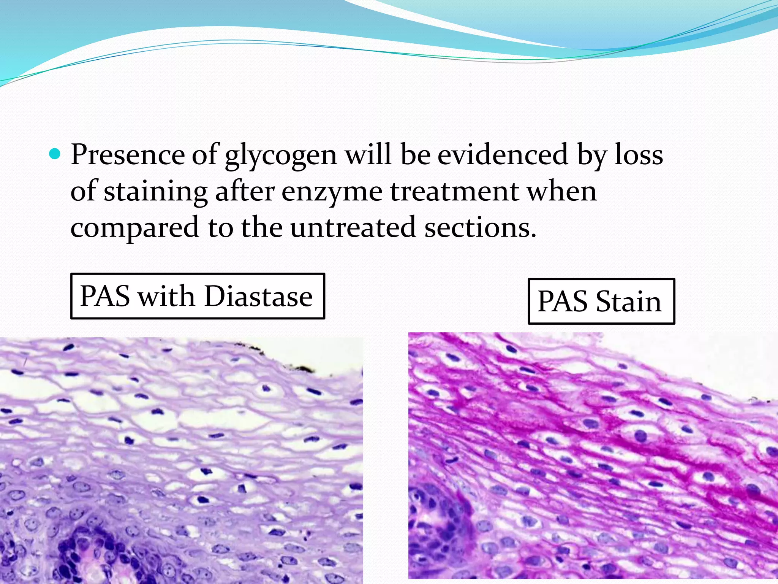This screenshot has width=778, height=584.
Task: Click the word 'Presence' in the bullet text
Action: pyautogui.click(x=128, y=155)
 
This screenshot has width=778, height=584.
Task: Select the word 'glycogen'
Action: pyautogui.click(x=281, y=156)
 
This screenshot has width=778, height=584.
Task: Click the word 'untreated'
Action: pyautogui.click(x=353, y=227)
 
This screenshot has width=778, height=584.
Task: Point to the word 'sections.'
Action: pyautogui.click(x=480, y=227)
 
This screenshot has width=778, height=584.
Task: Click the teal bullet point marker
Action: pyautogui.click(x=55, y=154)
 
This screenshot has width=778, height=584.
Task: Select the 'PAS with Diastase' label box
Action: pyautogui.click(x=198, y=296)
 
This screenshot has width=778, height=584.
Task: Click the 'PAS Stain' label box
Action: pyautogui.click(x=601, y=301)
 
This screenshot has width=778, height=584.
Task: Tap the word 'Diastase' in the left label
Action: pyautogui.click(x=258, y=296)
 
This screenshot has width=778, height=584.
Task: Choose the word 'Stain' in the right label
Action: pyautogui.click(x=629, y=301)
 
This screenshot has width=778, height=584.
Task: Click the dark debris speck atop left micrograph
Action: pyautogui.click(x=304, y=368)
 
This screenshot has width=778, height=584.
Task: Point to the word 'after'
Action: pyautogui.click(x=245, y=191)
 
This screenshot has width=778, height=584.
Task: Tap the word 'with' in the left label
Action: pyautogui.click(x=166, y=296)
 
